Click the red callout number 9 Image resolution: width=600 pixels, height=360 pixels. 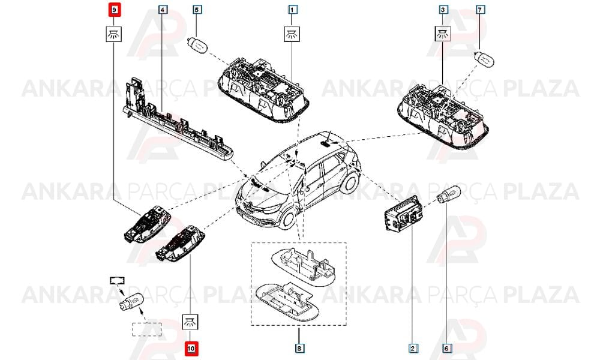pyautogui.click(x=115, y=10)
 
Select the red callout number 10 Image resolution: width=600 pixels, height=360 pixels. pyautogui.click(x=191, y=349)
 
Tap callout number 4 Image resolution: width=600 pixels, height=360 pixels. pyautogui.click(x=163, y=9)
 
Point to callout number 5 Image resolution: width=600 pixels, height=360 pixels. pyautogui.click(x=197, y=9)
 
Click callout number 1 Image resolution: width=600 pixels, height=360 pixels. pyautogui.click(x=292, y=9)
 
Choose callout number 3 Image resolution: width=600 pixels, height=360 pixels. pyautogui.click(x=443, y=9)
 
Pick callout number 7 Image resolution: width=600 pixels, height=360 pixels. pyautogui.click(x=480, y=9)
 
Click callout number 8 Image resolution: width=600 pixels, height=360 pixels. pyautogui.click(x=299, y=348)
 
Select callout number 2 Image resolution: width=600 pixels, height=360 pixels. pyautogui.click(x=413, y=348)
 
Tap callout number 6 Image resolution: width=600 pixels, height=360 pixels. pyautogui.click(x=446, y=348)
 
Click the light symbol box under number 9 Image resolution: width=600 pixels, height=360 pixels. pyautogui.click(x=113, y=34)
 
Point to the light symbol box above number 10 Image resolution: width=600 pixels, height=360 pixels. pyautogui.click(x=191, y=322)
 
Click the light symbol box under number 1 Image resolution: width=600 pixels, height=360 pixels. pyautogui.click(x=292, y=34)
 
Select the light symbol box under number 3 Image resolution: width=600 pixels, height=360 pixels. pyautogui.click(x=443, y=34)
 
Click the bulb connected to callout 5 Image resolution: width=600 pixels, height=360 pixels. pyautogui.click(x=197, y=45)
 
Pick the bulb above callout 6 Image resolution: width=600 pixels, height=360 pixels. pyautogui.click(x=448, y=195)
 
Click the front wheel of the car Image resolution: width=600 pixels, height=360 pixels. pyautogui.click(x=287, y=219)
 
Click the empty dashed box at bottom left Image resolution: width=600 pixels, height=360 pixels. pyautogui.click(x=147, y=329)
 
